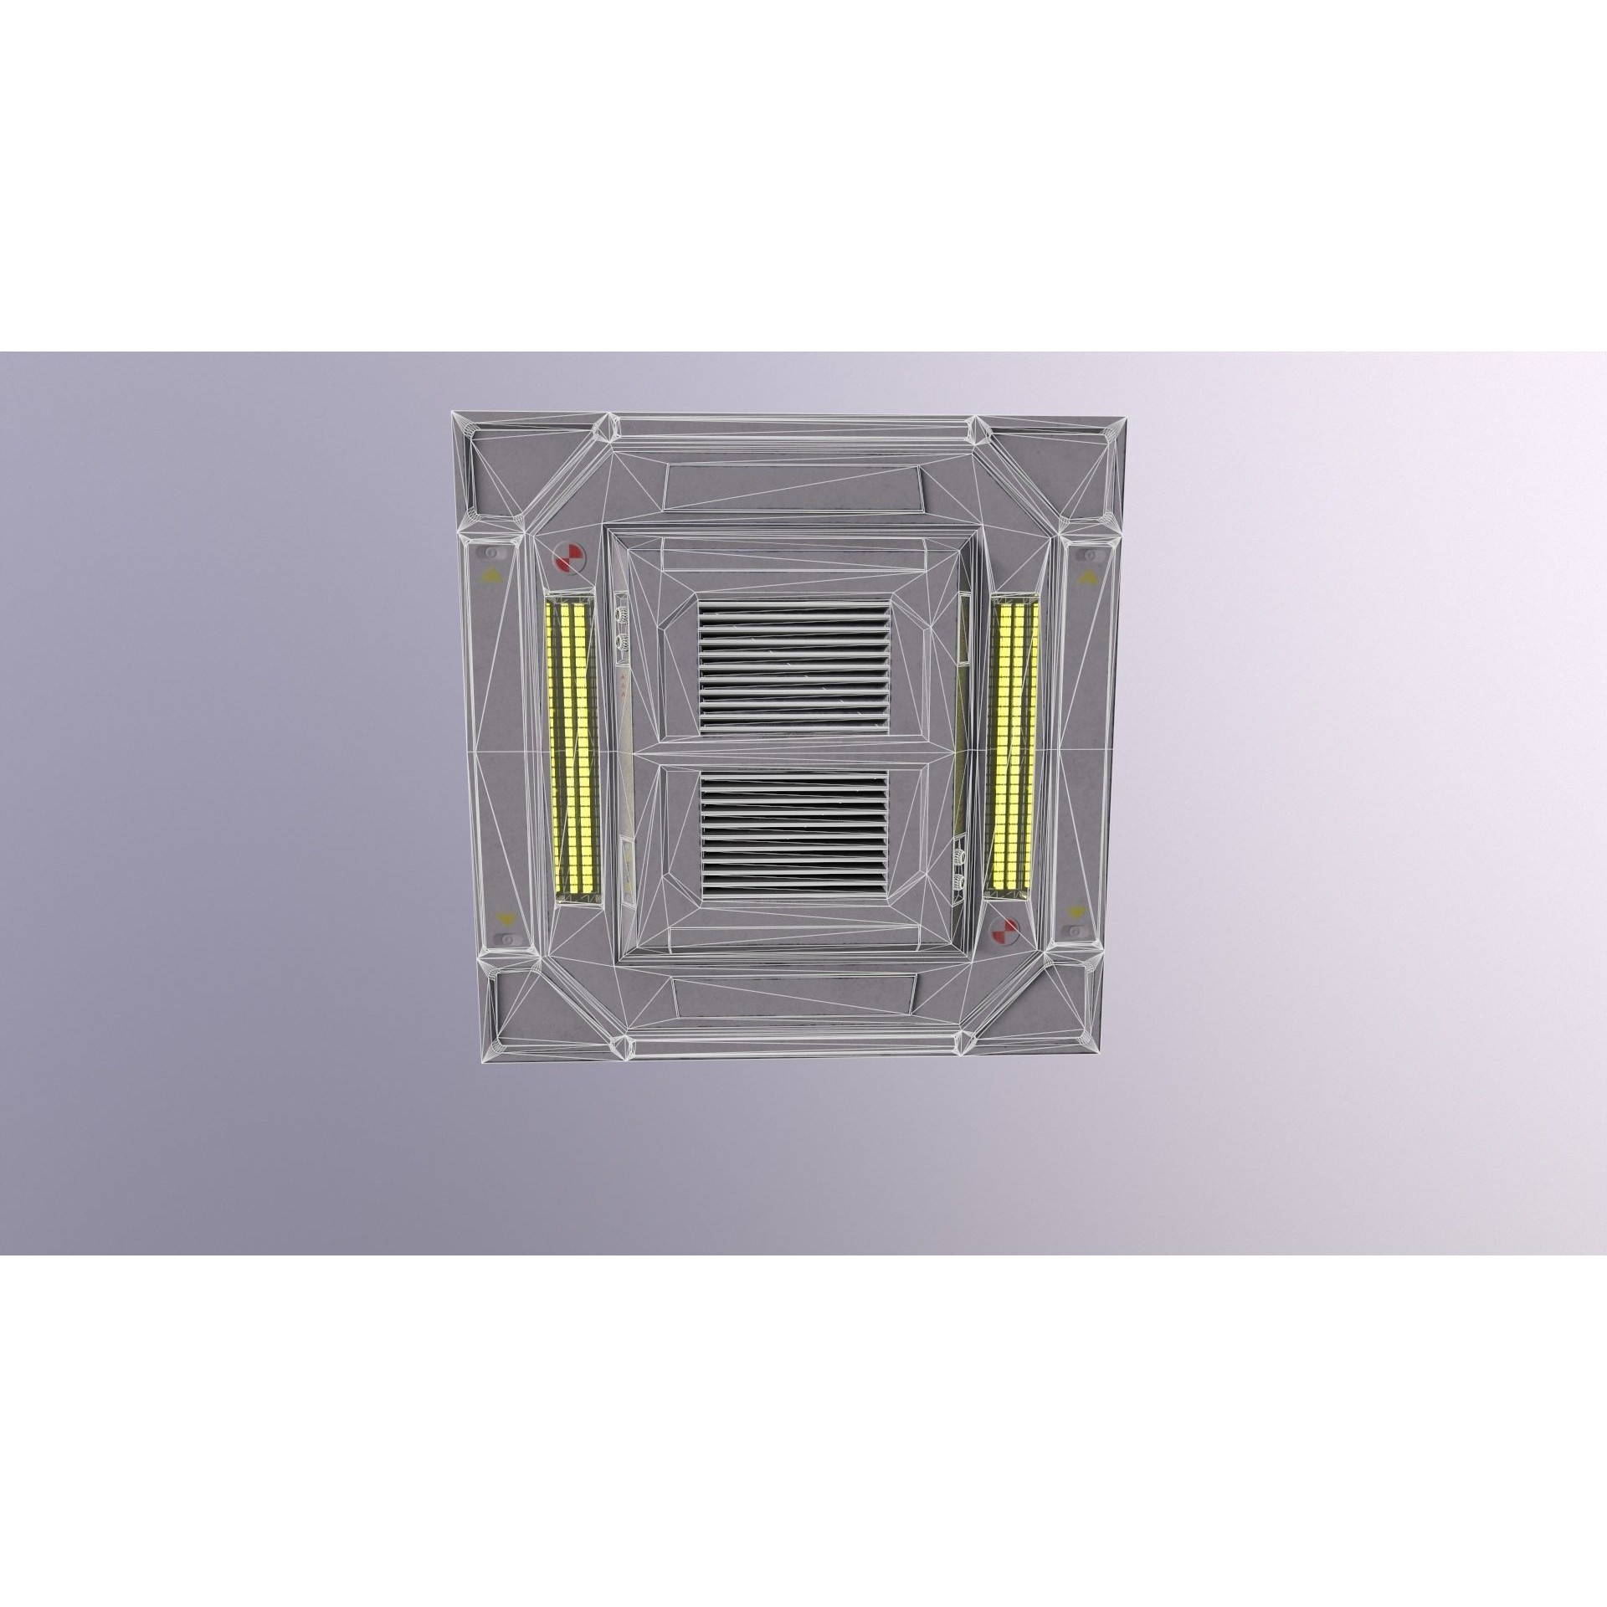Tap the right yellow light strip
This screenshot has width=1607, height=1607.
[1012, 737]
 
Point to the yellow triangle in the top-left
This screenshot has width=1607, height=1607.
[489, 576]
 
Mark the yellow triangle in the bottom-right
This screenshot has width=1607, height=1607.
[1074, 912]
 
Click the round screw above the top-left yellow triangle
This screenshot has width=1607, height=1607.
[490, 553]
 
